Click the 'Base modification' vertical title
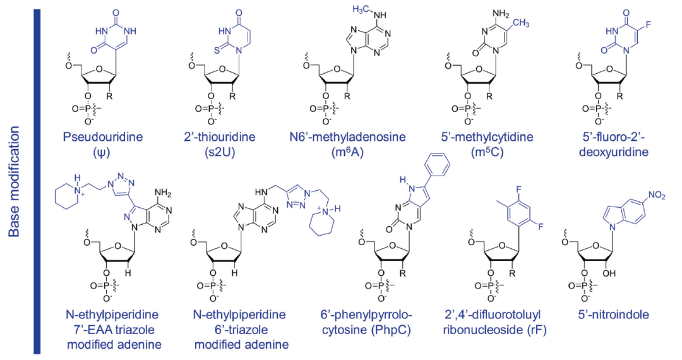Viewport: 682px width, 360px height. [15, 183]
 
